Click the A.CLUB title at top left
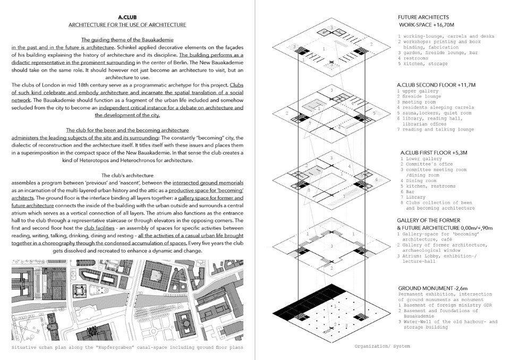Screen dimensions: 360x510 pyautogui.click(x=127, y=17)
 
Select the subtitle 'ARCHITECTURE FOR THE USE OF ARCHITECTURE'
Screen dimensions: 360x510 pyautogui.click(x=127, y=25)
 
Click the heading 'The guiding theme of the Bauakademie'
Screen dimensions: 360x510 pyautogui.click(x=127, y=40)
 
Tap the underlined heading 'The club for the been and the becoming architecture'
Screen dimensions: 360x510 pyautogui.click(x=127, y=130)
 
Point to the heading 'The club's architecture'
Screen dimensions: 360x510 pyautogui.click(x=127, y=175)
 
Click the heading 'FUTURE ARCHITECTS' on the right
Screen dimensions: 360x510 pyautogui.click(x=423, y=17)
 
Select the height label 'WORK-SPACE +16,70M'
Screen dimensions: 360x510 pyautogui.click(x=429, y=25)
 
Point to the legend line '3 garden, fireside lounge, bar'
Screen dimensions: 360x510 pyautogui.click(x=437, y=53)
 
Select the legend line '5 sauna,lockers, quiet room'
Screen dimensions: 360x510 pyautogui.click(x=434, y=113)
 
